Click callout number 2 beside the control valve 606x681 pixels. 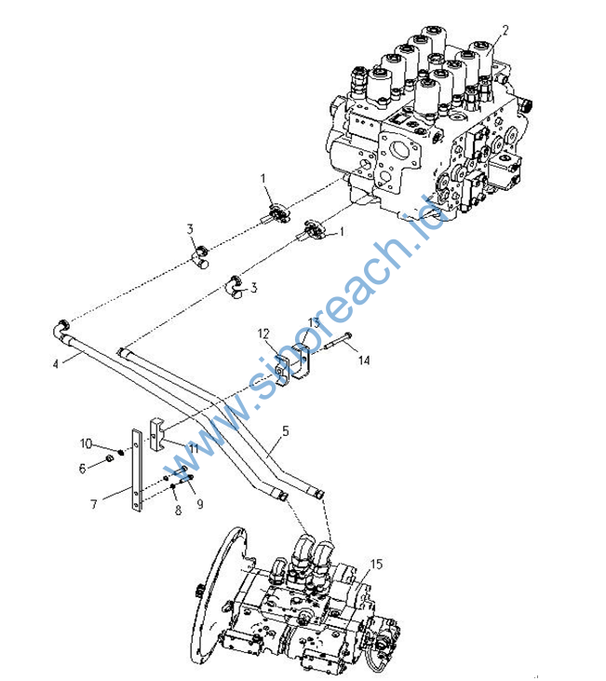(x=505, y=31)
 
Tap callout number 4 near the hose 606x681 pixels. (x=55, y=363)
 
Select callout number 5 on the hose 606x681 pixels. (x=285, y=430)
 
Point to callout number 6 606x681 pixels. (x=82, y=469)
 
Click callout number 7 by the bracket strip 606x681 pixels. (x=93, y=504)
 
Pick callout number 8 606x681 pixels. (x=178, y=510)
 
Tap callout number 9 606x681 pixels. (x=200, y=504)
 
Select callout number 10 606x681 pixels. (x=86, y=443)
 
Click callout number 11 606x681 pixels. (x=194, y=448)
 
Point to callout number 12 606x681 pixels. (x=263, y=334)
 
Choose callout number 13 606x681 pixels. (x=314, y=322)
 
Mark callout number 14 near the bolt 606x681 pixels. (x=364, y=360)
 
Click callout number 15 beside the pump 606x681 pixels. (x=376, y=565)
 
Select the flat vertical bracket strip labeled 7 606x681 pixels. (x=137, y=470)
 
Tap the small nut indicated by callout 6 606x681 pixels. (x=110, y=459)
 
